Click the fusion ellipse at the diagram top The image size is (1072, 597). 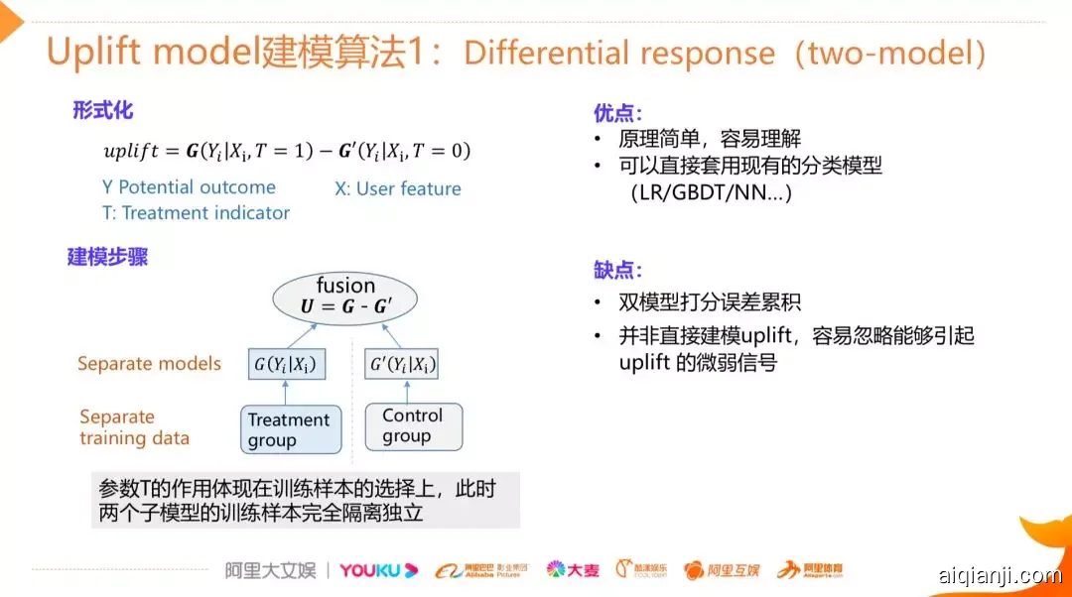coord(345,297)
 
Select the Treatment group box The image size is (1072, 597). coord(291,429)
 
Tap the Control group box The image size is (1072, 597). coord(413,426)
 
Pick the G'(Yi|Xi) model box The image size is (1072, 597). coord(402,364)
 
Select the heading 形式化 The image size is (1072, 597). coord(102,110)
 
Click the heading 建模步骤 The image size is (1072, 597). coord(107,258)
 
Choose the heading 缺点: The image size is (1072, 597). coord(617,269)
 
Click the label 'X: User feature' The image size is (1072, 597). coord(397,188)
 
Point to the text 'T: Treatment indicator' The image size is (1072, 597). coord(196,213)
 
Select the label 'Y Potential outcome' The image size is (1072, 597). coord(189,187)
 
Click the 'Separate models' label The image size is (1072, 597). coord(149,364)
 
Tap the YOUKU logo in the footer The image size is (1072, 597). coord(378,570)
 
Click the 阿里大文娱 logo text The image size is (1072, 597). coord(269,570)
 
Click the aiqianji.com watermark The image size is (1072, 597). coord(999,575)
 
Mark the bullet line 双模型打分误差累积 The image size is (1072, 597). coord(709,302)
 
